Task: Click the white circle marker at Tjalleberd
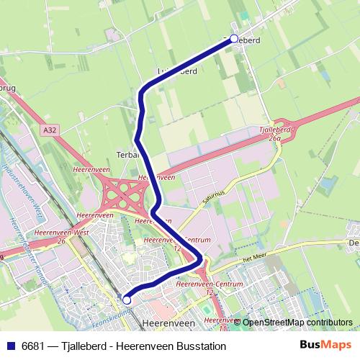point(233,40)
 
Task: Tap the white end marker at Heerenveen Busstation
point(127,300)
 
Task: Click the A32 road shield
point(49,130)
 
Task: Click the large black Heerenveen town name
point(169,323)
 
